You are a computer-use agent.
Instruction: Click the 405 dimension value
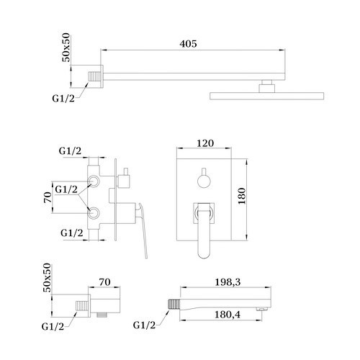point(188,44)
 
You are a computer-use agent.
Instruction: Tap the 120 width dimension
point(205,143)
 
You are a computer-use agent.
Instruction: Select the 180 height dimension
point(242,196)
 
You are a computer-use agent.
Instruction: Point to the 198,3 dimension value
point(228,282)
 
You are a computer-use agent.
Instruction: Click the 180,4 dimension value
point(228,315)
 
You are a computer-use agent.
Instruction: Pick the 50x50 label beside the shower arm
point(66,48)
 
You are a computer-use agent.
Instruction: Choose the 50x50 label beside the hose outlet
point(47,277)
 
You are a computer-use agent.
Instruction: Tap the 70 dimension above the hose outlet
point(105,282)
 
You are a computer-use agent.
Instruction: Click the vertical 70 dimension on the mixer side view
point(48,197)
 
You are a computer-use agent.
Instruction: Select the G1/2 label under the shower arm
point(63,99)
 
